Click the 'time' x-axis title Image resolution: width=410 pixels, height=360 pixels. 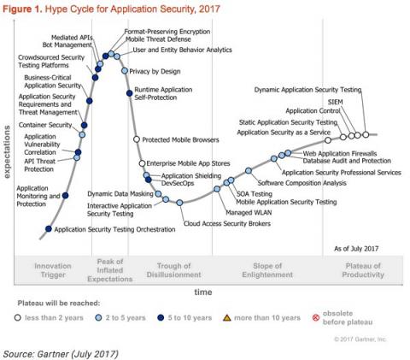[202, 292]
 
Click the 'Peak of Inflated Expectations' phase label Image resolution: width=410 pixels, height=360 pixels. [111, 270]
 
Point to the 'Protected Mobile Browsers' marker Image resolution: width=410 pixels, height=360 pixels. [136, 139]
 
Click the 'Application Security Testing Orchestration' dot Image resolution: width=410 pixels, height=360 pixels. [48, 229]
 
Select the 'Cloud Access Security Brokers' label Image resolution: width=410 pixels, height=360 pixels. [228, 223]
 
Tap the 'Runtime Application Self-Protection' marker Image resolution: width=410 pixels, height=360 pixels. [129, 92]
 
